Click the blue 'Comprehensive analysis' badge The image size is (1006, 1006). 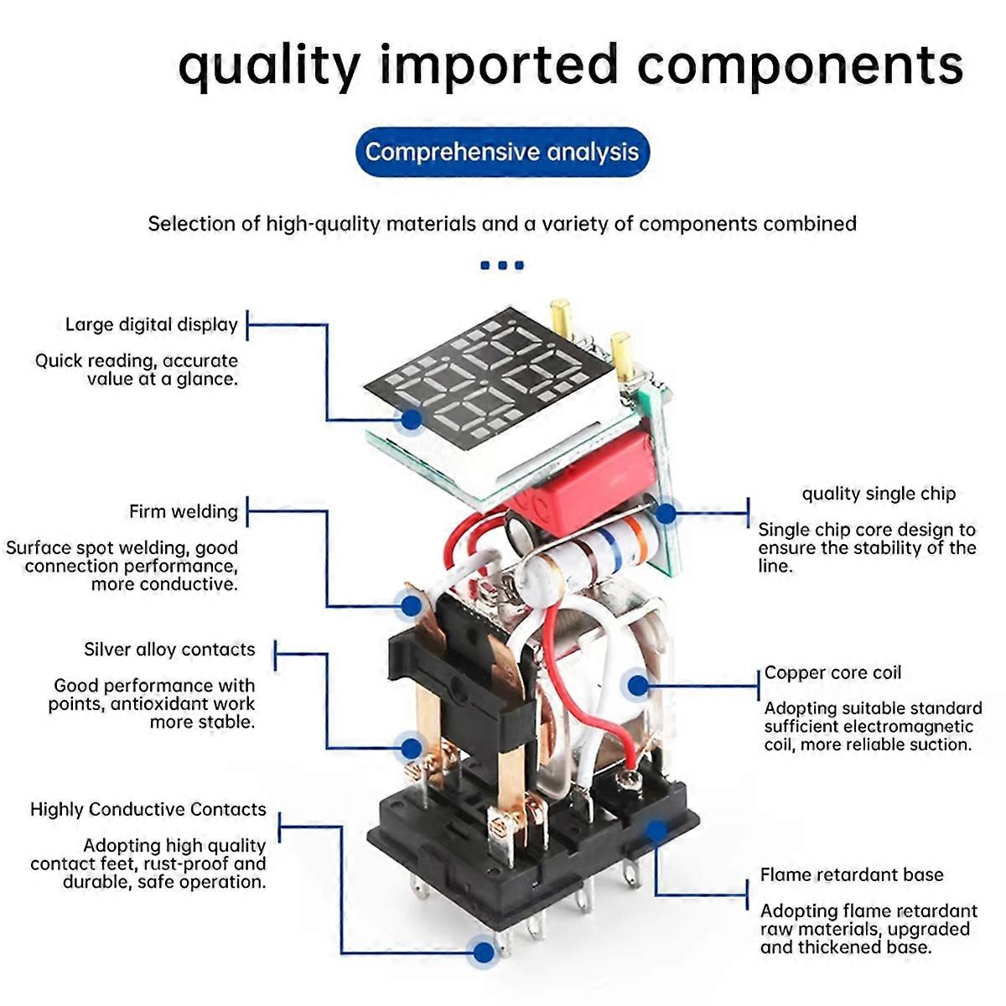pos(502,152)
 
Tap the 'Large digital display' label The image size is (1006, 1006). pos(152,324)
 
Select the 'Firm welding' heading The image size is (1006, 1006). pos(184,511)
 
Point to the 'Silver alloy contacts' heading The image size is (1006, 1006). pos(169,650)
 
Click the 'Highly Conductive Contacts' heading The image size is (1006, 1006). pos(148,809)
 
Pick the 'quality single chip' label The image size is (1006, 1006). pos(879,494)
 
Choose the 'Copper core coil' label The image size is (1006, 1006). pos(832,673)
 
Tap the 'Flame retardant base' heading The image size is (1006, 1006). pos(852,874)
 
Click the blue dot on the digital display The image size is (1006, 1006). pos(412,418)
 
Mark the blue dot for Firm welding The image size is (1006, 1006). pos(412,605)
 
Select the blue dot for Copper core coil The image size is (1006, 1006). pos(637,686)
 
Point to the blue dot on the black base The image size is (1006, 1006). pos(656,831)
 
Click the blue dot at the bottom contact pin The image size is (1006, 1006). pos(484,952)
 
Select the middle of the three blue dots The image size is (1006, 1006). pos(502,265)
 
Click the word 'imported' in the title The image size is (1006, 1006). pos(499,66)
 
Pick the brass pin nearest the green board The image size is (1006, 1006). pos(623,355)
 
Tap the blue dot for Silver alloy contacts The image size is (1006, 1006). pos(412,748)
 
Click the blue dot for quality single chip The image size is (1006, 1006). pos(666,514)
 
